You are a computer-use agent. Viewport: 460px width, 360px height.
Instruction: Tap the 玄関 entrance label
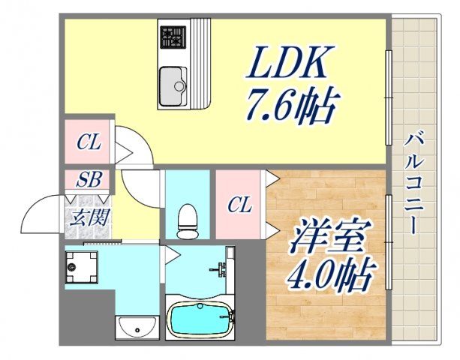[89, 218]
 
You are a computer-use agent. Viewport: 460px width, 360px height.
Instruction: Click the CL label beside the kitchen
[89, 142]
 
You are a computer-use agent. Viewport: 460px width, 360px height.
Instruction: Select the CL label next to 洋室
[240, 204]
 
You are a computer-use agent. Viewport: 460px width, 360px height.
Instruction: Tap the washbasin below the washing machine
[137, 327]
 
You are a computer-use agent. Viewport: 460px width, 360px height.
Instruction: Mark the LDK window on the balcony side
[388, 97]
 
